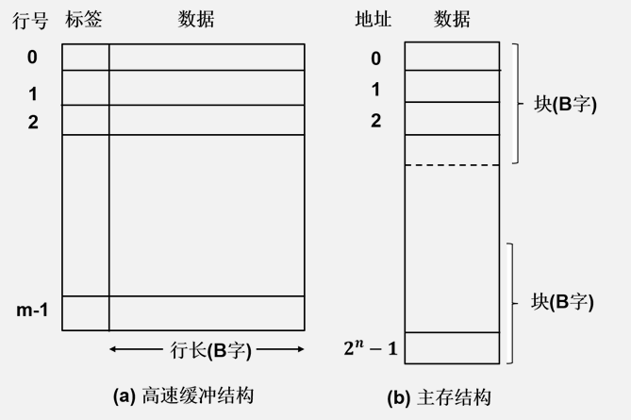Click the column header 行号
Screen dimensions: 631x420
point(29,21)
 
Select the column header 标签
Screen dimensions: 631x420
point(84,21)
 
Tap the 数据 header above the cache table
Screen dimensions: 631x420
point(196,21)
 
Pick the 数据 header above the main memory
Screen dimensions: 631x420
point(452,21)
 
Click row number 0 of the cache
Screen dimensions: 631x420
point(32,58)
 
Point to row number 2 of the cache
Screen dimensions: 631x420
point(32,121)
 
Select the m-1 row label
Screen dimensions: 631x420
point(32,310)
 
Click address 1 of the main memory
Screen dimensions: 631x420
point(375,91)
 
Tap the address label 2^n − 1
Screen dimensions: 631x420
point(371,350)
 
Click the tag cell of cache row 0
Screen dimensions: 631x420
point(86,57)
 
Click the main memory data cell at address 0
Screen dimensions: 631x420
point(452,56)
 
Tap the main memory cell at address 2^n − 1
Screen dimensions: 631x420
point(452,347)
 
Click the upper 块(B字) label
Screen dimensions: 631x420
point(565,104)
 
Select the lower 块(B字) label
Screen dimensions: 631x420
point(563,303)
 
